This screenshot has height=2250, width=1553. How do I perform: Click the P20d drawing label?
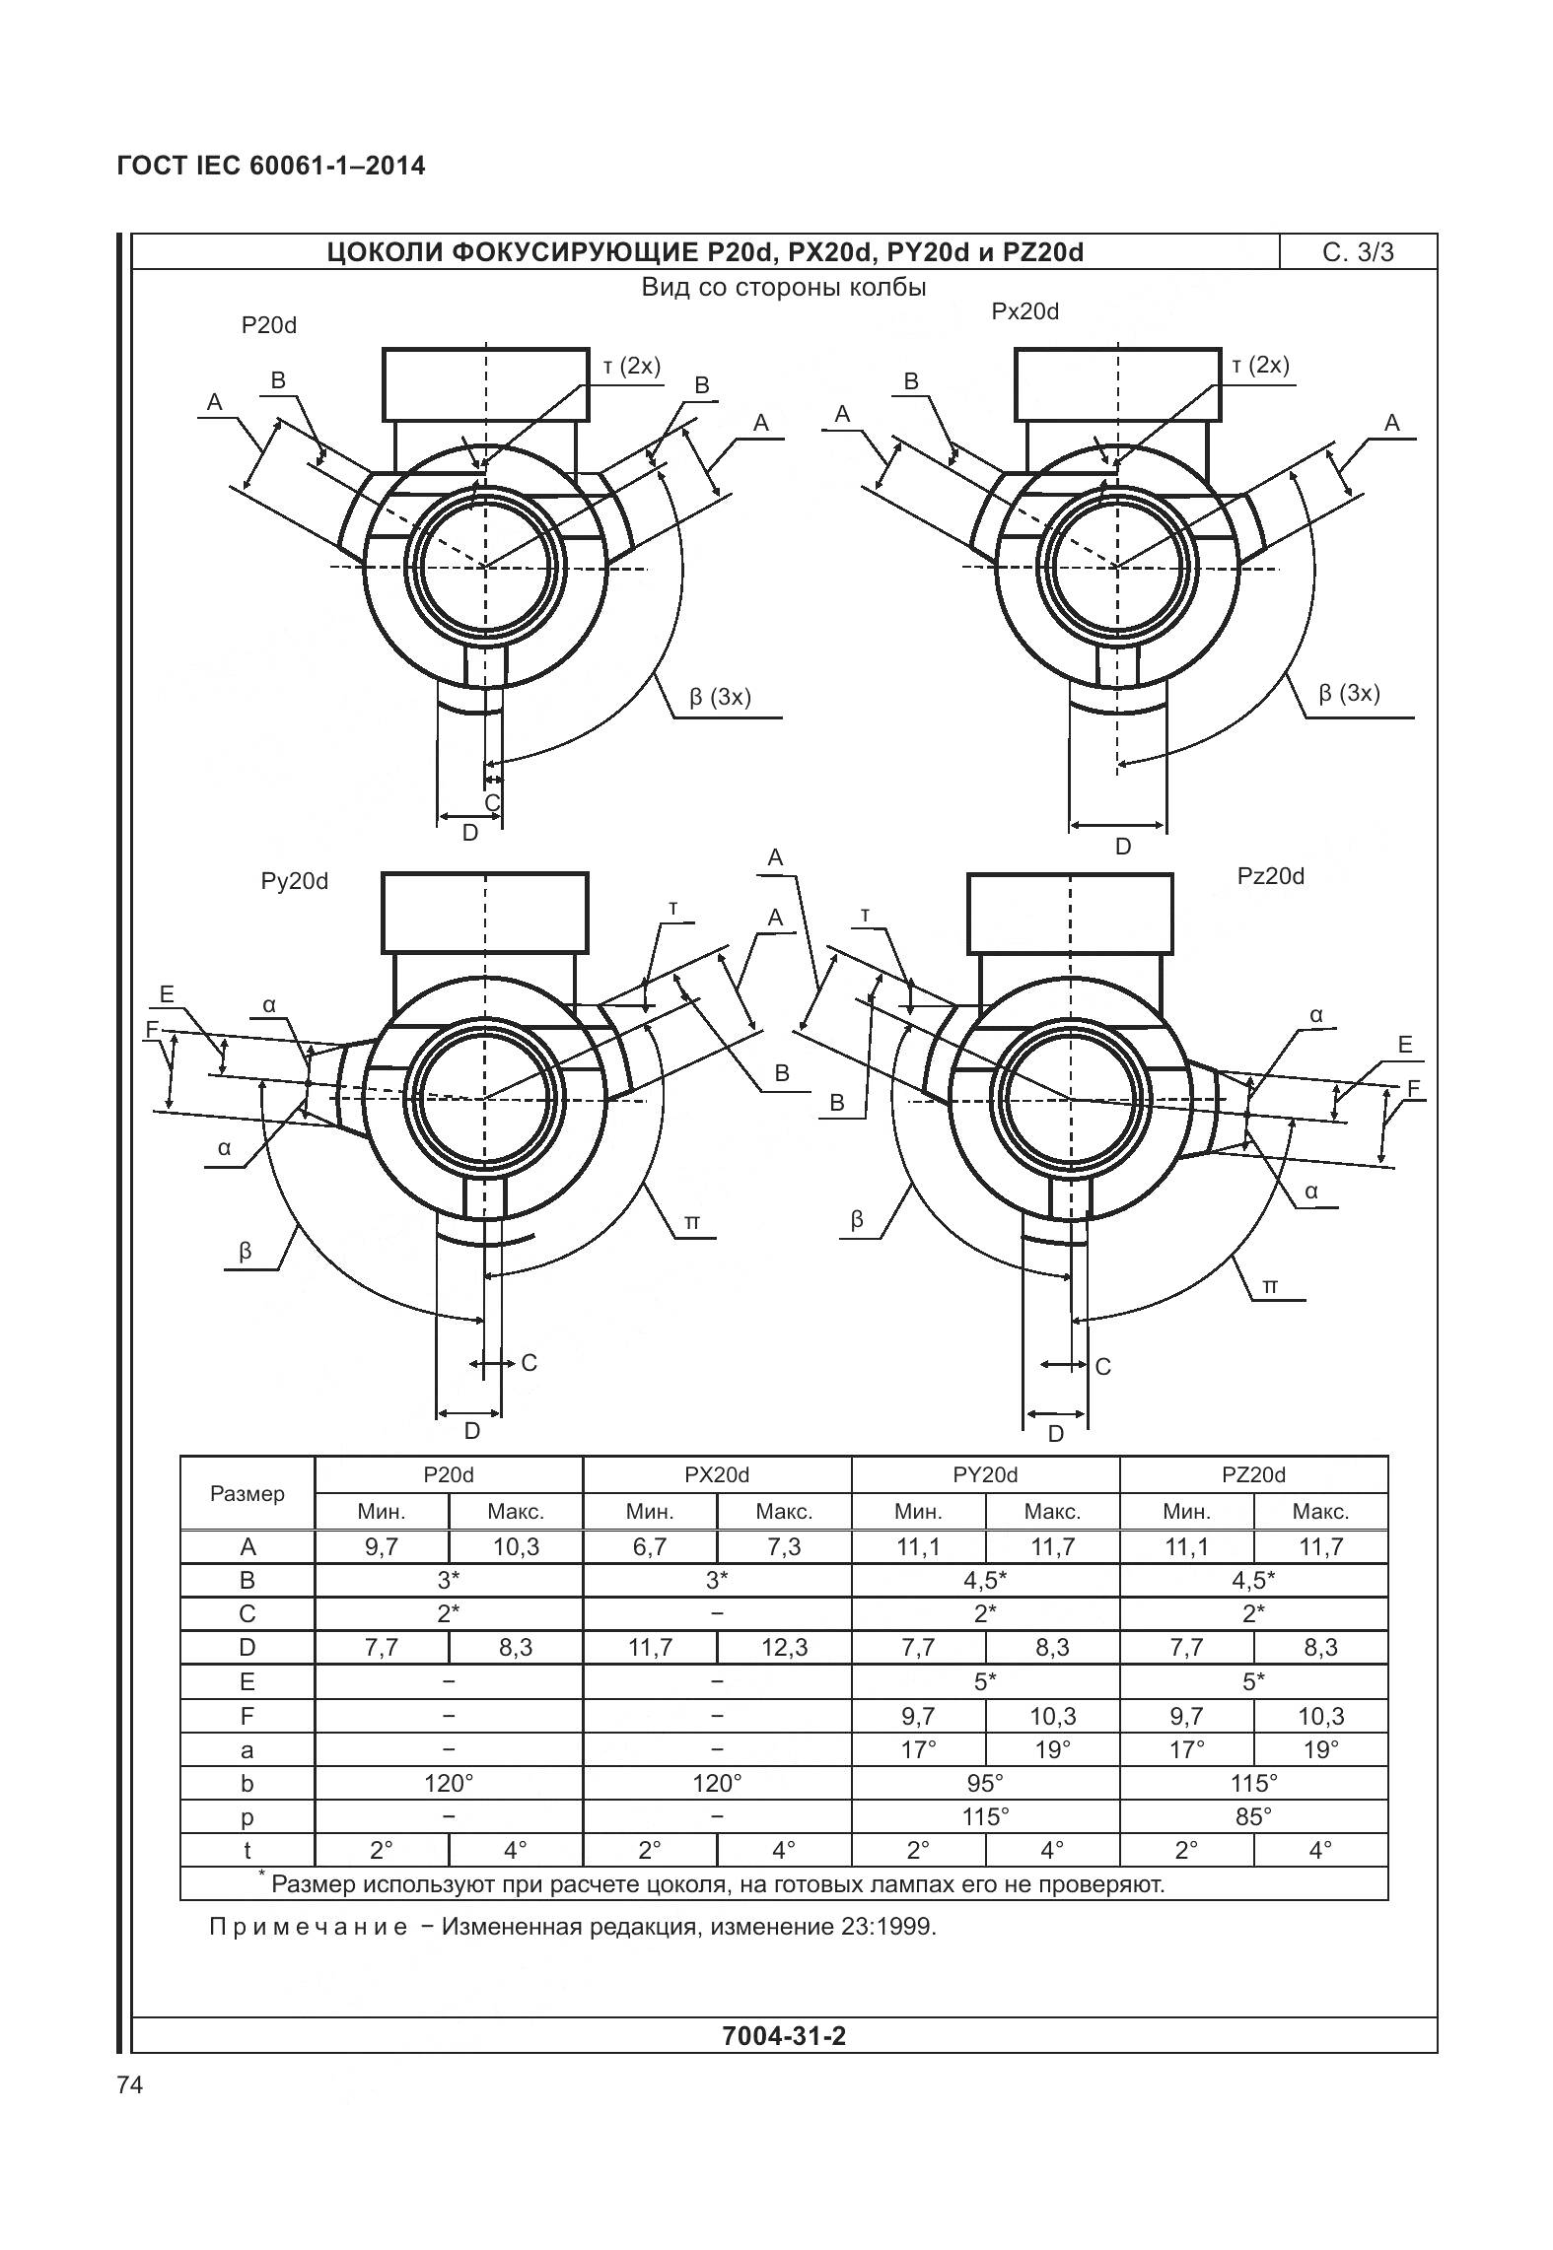tap(268, 325)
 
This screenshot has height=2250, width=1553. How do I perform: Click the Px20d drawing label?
tap(1024, 311)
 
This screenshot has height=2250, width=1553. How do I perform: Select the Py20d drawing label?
tap(294, 881)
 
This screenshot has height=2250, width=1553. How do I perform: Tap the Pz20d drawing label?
tap(1270, 876)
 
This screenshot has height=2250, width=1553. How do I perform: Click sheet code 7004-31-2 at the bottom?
tap(784, 2036)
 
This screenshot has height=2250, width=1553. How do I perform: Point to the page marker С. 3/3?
tap(1358, 252)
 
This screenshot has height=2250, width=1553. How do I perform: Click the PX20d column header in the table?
tap(717, 1474)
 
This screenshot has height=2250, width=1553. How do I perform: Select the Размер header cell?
tap(247, 1493)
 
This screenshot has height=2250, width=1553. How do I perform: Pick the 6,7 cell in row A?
tap(650, 1547)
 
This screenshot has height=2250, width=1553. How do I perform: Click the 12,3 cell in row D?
tap(784, 1648)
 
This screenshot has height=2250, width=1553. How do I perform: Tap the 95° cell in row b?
tap(985, 1783)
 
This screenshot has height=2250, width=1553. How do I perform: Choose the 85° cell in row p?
tap(1253, 1816)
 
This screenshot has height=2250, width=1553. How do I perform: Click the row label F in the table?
tap(247, 1716)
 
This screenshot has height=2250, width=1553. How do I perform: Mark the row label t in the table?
tap(247, 1850)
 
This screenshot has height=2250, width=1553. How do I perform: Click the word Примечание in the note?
tap(308, 1926)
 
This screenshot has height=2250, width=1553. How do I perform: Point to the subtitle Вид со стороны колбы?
tap(784, 288)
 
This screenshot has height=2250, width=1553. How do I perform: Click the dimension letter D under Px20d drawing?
tap(1122, 847)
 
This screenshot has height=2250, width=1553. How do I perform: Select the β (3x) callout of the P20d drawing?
tap(720, 697)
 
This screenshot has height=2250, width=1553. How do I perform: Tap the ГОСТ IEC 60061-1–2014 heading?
tap(271, 166)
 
